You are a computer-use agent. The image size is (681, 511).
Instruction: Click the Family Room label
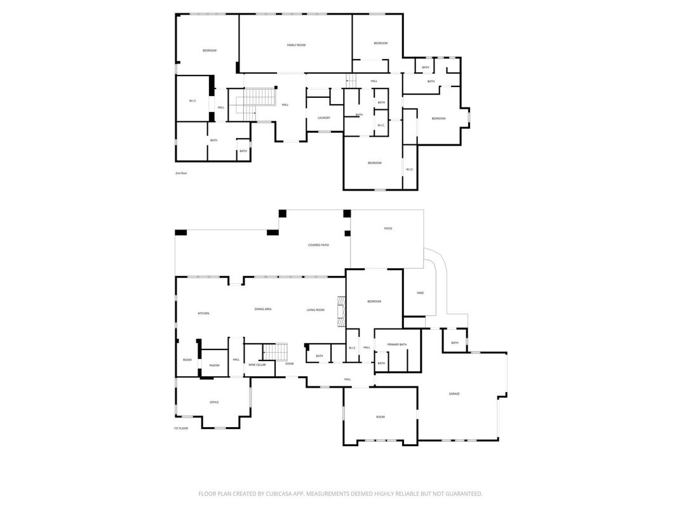[x=296, y=45]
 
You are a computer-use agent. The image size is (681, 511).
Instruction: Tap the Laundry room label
[x=324, y=118]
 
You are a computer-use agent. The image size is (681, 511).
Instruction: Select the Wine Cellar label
[x=257, y=365]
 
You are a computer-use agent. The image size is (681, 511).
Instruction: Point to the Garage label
[x=454, y=394]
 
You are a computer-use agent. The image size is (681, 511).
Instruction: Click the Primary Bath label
[x=398, y=344]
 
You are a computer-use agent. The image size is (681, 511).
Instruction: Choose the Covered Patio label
[x=318, y=245]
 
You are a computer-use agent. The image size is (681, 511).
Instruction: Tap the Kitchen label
[x=203, y=313]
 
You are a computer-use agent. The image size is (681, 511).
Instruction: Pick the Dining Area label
[x=263, y=309]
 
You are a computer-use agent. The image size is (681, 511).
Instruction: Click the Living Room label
[x=316, y=310]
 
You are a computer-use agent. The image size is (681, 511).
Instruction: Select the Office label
[x=214, y=402]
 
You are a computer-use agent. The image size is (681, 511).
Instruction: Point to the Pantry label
[x=214, y=365]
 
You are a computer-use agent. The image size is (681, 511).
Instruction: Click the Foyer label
[x=290, y=364]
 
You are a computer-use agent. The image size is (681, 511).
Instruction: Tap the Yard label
[x=420, y=293]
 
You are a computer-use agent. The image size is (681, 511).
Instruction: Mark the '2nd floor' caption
[x=181, y=173]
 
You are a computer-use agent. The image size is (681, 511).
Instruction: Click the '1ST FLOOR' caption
[x=181, y=428]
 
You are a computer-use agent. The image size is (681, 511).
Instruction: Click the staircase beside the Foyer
[x=276, y=351]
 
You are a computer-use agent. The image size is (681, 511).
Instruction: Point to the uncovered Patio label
[x=388, y=228]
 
